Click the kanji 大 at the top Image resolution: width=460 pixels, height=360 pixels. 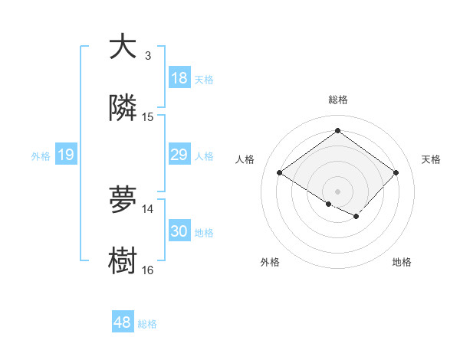[123, 47]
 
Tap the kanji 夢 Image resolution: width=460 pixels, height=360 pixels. [123, 200]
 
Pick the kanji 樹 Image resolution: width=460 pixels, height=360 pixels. [123, 261]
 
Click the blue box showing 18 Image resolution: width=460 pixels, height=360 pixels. [179, 78]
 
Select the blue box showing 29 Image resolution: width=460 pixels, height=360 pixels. [179, 155]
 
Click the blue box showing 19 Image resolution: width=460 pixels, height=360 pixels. [66, 155]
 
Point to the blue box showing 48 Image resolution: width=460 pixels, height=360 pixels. [123, 322]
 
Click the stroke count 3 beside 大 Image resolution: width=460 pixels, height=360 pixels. [148, 55]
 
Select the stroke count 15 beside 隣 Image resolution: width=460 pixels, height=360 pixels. [148, 116]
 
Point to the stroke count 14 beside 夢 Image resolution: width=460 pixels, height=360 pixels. [148, 208]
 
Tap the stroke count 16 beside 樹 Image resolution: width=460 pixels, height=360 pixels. [148, 270]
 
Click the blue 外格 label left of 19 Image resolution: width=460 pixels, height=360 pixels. [41, 156]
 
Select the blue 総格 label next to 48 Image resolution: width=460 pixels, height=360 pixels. [147, 324]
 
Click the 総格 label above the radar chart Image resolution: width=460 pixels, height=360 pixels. [338, 100]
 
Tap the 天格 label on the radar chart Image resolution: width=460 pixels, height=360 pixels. [431, 159]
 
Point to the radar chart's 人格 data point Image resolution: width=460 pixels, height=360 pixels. [280, 173]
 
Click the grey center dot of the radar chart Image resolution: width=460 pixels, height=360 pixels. [337, 191]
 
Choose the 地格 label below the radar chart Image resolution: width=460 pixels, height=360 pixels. [402, 262]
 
